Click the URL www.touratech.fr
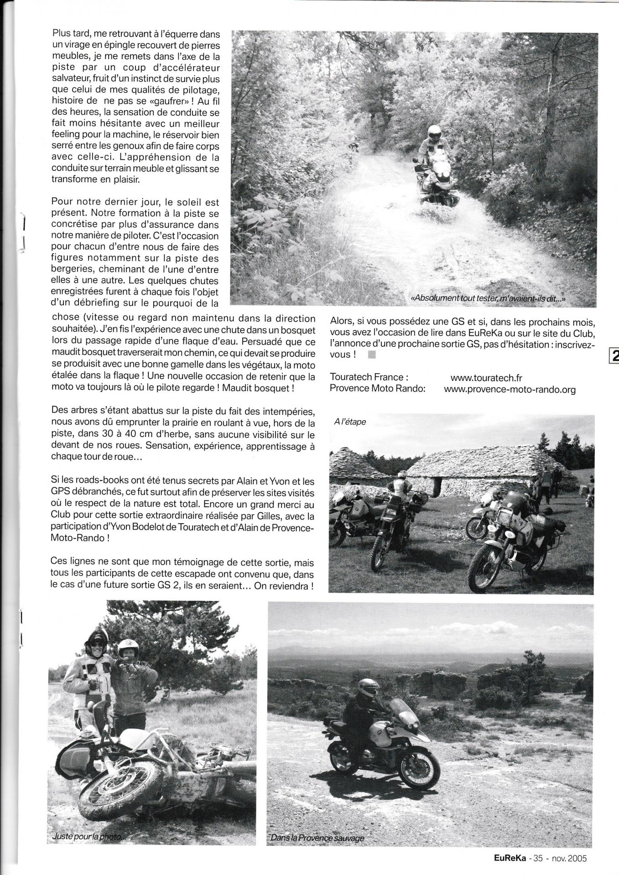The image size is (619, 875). click(486, 377)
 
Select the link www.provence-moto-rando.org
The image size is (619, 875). click(510, 390)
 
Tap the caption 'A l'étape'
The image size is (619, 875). click(350, 422)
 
